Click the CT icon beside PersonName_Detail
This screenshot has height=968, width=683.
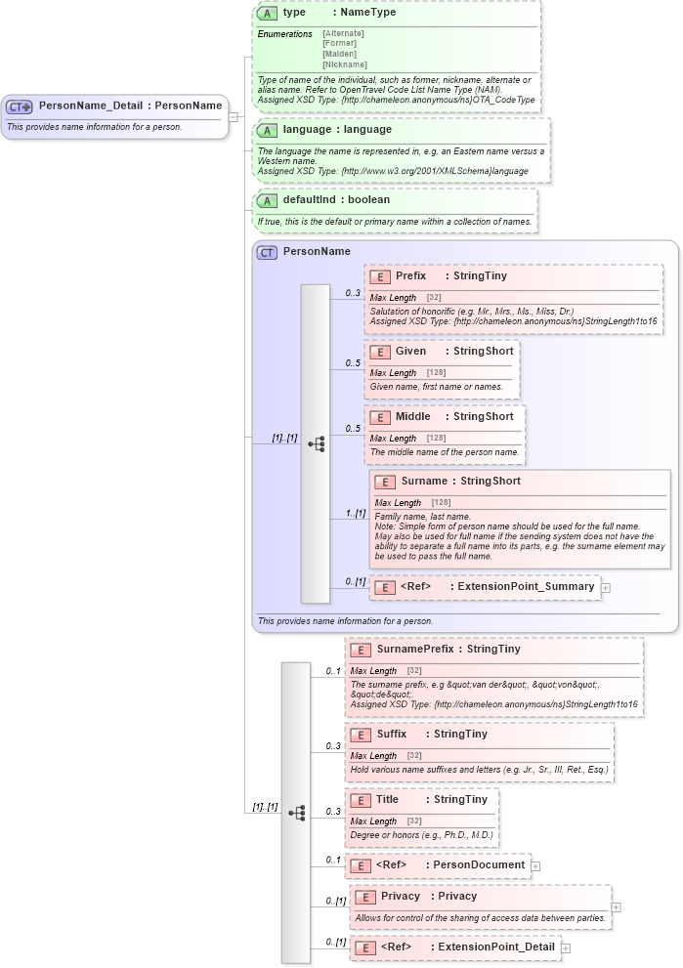[x=20, y=105]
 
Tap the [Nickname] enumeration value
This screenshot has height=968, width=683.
[x=345, y=64]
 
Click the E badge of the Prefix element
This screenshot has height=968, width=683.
[x=379, y=276]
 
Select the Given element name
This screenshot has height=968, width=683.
[x=410, y=350]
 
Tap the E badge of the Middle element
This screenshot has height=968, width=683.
[x=379, y=417]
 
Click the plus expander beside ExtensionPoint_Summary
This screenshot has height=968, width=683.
[x=606, y=588]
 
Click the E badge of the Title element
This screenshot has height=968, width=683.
[x=360, y=799]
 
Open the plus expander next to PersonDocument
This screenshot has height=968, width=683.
[x=535, y=865]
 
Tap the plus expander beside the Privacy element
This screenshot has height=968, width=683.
[x=616, y=906]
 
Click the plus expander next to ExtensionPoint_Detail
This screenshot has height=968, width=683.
[x=566, y=947]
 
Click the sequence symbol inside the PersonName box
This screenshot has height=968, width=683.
[x=316, y=443]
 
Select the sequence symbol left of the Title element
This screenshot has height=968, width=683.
[x=296, y=813]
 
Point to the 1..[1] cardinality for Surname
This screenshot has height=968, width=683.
[x=355, y=514]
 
